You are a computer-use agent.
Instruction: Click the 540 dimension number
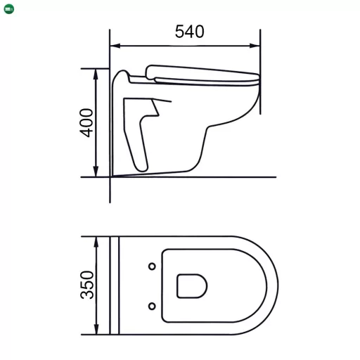click(x=189, y=32)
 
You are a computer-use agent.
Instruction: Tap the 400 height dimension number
click(x=86, y=123)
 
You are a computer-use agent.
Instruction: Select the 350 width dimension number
click(x=86, y=285)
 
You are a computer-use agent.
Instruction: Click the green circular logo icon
click(x=8, y=8)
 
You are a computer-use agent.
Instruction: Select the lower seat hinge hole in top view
click(x=152, y=305)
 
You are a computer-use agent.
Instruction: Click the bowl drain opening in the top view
click(x=191, y=285)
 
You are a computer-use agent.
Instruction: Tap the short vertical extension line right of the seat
click(x=262, y=98)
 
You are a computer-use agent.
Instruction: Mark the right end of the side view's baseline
click(x=274, y=177)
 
